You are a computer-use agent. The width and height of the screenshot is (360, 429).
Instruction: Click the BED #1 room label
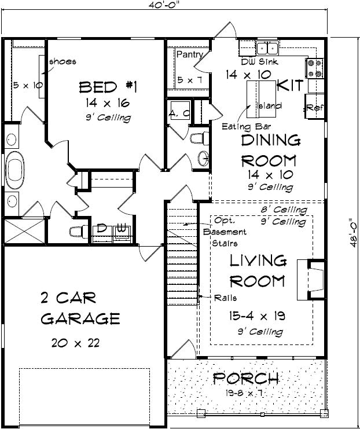(x=107, y=87)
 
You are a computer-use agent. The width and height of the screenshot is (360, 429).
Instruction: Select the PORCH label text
(x=247, y=379)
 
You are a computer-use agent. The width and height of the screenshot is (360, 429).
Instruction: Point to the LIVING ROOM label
(x=258, y=270)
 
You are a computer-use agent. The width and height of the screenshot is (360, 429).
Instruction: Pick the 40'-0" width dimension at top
(x=165, y=6)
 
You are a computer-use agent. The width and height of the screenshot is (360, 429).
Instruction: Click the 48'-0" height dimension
(x=353, y=232)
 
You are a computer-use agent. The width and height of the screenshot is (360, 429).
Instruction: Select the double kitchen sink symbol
(x=267, y=48)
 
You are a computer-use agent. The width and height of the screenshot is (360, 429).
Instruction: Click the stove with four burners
(x=315, y=68)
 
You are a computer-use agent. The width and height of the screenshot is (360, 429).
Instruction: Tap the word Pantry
(x=189, y=55)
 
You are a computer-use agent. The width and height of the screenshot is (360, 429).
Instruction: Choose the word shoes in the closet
(x=64, y=61)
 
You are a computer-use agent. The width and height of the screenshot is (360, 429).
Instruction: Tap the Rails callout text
(x=226, y=298)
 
